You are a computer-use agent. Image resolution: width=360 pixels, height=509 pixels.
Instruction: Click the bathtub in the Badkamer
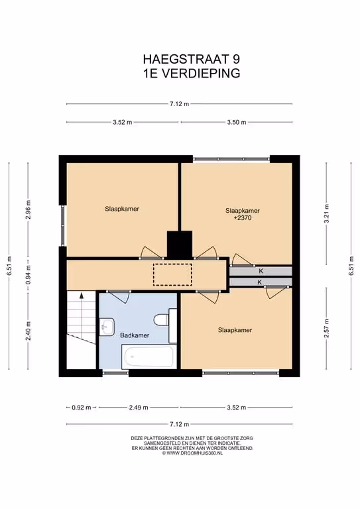(x=148, y=357)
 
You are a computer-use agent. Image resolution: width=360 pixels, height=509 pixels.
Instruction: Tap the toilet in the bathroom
(x=160, y=319)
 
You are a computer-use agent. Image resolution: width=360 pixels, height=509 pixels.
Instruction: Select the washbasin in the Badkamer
(x=107, y=327)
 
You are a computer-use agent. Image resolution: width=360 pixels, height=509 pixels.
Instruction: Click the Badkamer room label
(x=135, y=335)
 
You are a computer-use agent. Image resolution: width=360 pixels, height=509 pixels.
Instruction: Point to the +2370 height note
(x=243, y=218)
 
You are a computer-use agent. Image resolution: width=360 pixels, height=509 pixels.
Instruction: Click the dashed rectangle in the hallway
(x=172, y=274)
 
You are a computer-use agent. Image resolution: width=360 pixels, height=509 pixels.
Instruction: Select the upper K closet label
(x=261, y=271)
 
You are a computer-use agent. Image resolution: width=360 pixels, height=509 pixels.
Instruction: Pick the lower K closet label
(x=259, y=282)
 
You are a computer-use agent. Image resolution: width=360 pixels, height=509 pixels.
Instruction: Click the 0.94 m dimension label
(x=29, y=274)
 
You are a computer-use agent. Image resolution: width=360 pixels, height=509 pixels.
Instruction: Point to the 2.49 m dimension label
(x=139, y=408)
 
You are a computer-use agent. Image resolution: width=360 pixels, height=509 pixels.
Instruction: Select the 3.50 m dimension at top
(x=236, y=123)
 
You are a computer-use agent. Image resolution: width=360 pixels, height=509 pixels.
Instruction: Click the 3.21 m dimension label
(x=327, y=213)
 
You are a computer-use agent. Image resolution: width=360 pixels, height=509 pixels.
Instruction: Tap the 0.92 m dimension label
(x=82, y=408)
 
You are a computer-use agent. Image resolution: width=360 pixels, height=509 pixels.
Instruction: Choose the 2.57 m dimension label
(x=327, y=328)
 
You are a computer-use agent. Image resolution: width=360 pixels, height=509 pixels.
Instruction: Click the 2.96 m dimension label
(x=29, y=209)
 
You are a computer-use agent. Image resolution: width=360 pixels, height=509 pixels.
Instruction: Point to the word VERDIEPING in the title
(x=201, y=74)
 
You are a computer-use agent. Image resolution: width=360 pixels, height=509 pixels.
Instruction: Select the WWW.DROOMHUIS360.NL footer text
(x=192, y=453)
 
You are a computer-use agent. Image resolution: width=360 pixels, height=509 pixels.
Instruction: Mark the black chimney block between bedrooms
(x=180, y=245)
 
